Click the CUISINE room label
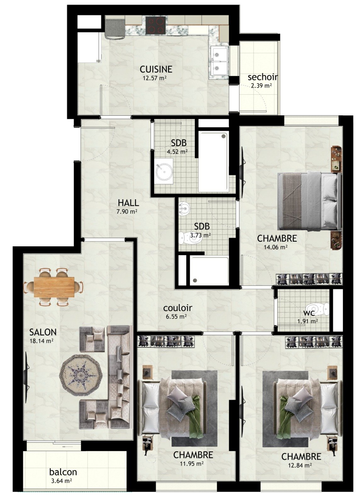point(156,69)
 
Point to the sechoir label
point(263,77)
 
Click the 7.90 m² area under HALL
point(127,212)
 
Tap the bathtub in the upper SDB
point(214,162)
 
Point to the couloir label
point(177,308)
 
